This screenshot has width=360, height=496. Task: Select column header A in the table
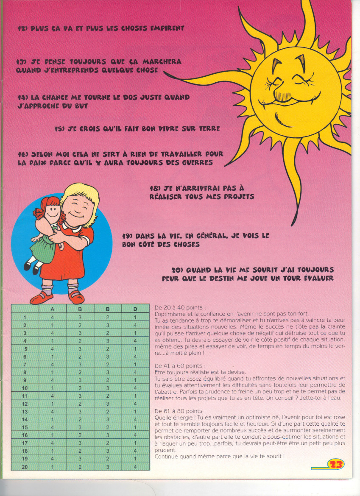pos(52,309)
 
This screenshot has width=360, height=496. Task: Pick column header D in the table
pos(135,309)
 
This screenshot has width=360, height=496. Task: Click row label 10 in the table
pos(25,388)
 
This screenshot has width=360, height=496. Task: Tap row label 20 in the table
pos(25,467)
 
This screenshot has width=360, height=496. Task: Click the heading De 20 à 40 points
pos(180,307)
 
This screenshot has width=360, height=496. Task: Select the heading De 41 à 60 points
pos(180,365)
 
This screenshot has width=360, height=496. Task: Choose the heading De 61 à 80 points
pos(180,411)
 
